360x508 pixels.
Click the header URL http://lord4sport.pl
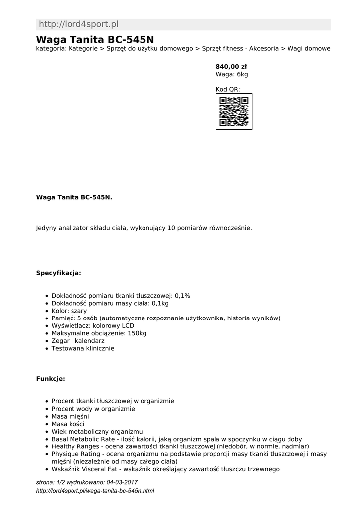click(x=78, y=24)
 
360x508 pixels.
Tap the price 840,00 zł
click(x=231, y=66)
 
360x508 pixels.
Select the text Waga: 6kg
click(x=231, y=74)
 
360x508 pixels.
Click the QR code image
click(x=234, y=112)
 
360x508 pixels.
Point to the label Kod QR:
click(x=228, y=89)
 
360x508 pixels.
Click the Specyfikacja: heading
click(x=59, y=273)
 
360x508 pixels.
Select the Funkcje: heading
click(x=50, y=379)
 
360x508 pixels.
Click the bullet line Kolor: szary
click(x=69, y=311)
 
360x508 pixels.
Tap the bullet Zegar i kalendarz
click(x=78, y=341)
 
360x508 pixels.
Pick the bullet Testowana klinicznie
click(x=82, y=348)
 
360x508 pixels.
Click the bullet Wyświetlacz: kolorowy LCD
click(x=93, y=325)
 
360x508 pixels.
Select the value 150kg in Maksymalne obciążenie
click(x=137, y=333)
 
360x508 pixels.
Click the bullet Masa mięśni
click(x=70, y=416)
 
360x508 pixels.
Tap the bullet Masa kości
click(x=68, y=424)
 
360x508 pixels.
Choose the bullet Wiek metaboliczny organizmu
click(x=97, y=432)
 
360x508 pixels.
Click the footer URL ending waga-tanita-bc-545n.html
click(x=95, y=491)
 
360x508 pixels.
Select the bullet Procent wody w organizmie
click(x=93, y=409)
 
